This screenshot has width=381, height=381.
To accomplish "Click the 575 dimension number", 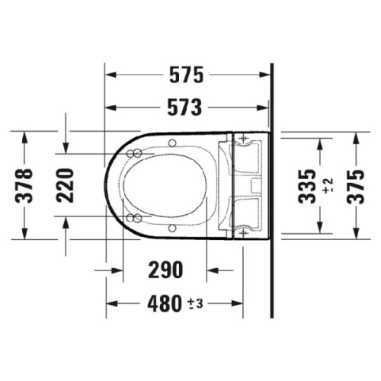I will coord(186,75).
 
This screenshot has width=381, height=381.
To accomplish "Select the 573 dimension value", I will coord(186,107).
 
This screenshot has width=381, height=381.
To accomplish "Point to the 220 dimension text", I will coord(66,184).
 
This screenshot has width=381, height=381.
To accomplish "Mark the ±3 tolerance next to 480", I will coord(194,304).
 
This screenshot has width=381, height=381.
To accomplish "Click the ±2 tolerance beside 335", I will coord(327,184).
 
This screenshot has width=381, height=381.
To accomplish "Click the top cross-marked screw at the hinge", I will coord(243,139).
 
